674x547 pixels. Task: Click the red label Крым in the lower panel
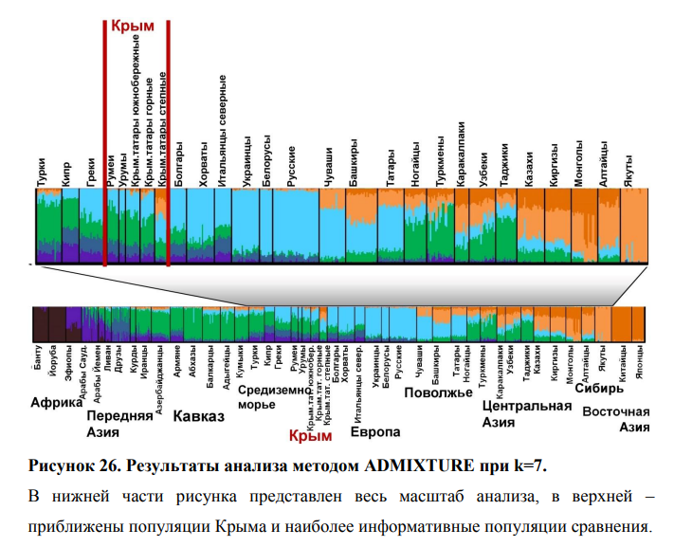coord(310,436)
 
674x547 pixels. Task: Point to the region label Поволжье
coord(438,393)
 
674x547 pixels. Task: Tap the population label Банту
coord(39,358)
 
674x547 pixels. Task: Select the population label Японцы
coord(640,362)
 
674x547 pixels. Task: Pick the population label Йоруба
coord(53,361)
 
